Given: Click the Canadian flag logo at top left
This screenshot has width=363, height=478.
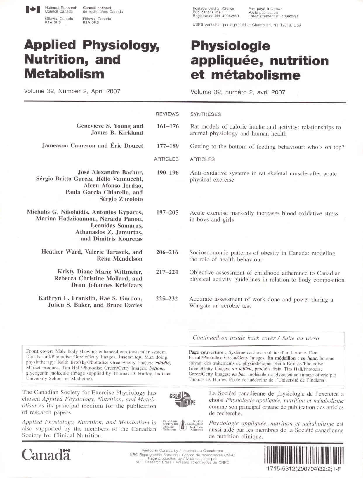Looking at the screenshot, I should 32,10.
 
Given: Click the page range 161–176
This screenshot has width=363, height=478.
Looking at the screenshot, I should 168,126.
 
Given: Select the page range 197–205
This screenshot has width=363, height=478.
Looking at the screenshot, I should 167,212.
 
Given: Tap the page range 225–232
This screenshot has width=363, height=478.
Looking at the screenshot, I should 167,299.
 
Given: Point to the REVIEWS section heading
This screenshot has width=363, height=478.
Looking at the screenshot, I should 167,114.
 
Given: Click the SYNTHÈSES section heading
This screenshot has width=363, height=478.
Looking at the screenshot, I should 206,114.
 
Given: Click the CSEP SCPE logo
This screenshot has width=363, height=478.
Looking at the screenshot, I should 183,400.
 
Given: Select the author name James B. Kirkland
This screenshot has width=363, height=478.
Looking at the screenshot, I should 117,133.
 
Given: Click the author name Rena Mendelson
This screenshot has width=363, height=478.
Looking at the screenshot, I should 119,259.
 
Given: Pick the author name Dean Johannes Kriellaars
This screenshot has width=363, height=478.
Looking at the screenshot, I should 107,285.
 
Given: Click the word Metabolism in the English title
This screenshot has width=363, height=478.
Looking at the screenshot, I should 64,74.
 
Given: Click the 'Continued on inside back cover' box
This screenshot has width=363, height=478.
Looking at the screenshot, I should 266,338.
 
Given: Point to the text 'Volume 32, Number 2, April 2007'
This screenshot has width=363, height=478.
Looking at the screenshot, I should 72,91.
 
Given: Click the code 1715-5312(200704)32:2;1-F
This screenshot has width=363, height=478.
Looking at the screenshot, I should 304,469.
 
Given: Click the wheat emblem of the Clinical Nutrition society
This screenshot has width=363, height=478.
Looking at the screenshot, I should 183,426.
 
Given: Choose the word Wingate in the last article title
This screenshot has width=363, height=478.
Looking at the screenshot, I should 200,306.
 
